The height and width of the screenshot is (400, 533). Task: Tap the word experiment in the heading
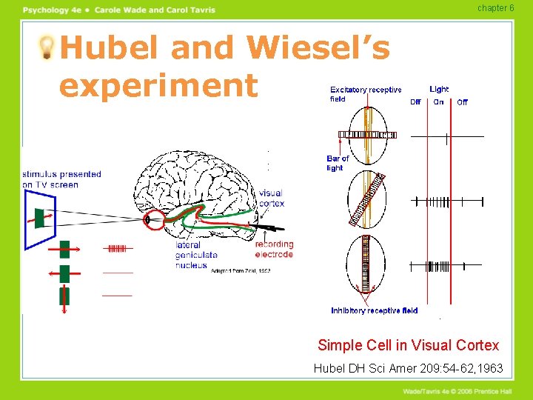pos(158,85)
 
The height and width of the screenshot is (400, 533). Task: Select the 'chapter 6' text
pos(495,8)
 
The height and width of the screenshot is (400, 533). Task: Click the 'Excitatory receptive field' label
pos(366,94)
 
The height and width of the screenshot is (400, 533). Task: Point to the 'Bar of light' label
pos(338,163)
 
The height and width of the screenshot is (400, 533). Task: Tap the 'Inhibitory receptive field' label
pos(374,310)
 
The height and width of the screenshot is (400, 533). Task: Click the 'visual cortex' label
pos(271,199)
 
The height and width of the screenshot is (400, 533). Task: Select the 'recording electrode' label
pos(274,249)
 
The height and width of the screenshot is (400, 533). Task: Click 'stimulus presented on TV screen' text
pos(61,179)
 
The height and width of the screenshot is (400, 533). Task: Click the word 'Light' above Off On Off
pos(439,89)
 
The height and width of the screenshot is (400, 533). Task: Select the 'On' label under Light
pos(439,102)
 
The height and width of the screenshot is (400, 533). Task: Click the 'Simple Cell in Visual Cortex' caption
pos(408,345)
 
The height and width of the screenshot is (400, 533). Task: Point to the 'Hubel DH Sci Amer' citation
pos(408,368)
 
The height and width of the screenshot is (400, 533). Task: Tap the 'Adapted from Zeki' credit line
pos(241,271)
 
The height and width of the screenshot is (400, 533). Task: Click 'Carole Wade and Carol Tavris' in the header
pos(155,10)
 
